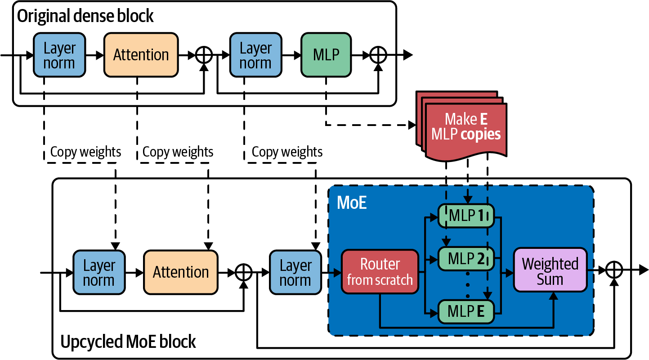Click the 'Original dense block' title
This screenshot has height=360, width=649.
85,16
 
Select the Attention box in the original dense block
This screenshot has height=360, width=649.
141,54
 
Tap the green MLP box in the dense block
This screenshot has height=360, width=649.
326,54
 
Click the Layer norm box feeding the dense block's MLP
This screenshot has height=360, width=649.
255,54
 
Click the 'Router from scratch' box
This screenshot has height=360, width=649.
380,272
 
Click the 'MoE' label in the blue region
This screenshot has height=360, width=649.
352,203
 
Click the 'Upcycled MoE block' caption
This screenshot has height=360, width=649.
128,342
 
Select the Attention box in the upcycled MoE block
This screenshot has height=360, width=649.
180,272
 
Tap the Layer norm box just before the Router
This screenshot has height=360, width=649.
295,272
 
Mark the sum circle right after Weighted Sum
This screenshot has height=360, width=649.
613,270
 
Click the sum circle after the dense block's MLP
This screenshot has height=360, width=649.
378,55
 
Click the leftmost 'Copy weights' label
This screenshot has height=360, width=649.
85,152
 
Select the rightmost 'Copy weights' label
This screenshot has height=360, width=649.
287,152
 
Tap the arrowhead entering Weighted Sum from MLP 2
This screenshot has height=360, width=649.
510,272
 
